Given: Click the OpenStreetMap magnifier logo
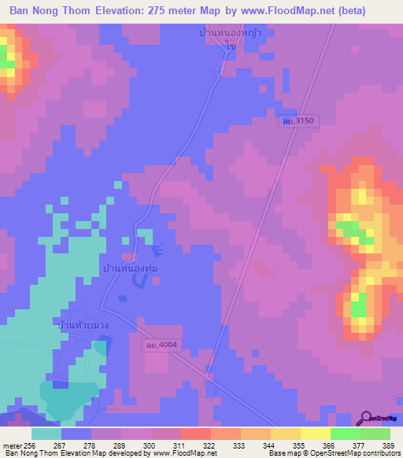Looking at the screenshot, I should (364, 418).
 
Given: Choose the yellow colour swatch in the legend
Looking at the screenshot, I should (315, 434).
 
